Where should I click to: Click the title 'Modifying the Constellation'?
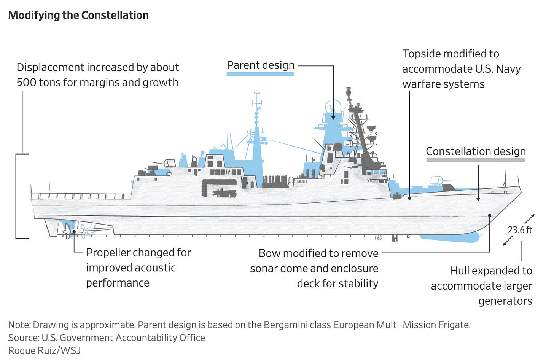pos(78,15)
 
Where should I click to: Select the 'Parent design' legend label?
pos(261,65)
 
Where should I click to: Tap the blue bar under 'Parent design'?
pos(260,73)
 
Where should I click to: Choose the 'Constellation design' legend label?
pos(476,151)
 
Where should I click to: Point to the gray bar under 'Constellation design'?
pos(476,160)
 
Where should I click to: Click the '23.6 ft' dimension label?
pos(520,230)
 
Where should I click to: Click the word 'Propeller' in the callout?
pos(108,253)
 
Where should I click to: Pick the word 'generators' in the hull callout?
pos(505,301)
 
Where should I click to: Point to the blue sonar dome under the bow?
pos(449,238)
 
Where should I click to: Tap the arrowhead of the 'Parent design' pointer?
pos(333,118)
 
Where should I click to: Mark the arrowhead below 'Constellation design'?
pos(478,199)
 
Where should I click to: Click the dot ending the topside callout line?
pos(409,198)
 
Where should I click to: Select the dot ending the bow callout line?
pos(490,215)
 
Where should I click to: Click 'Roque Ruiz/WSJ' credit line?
pos(44,350)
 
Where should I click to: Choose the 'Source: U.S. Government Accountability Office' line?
pos(107,338)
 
